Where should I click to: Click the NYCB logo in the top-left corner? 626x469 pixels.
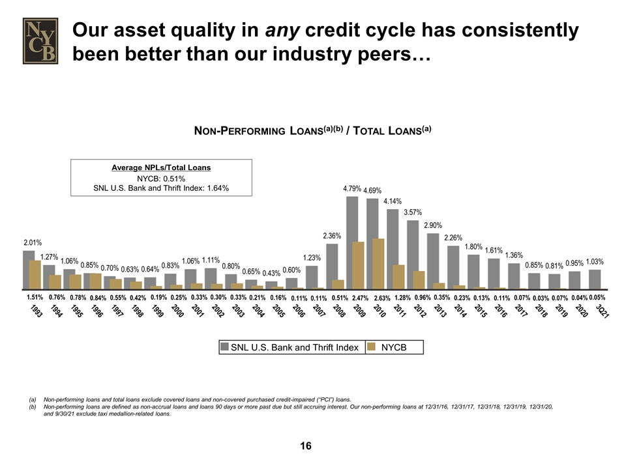coord(41,40)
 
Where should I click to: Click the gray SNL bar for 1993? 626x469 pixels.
coord(28,268)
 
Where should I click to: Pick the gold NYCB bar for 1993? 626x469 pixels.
coord(35,274)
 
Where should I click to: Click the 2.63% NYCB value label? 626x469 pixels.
coord(382,298)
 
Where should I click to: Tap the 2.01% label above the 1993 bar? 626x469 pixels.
coord(33,242)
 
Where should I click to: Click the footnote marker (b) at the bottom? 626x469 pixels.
coord(31,405)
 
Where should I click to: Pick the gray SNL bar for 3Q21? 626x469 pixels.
coord(595,279)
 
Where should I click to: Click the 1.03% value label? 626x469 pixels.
coord(594,262)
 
